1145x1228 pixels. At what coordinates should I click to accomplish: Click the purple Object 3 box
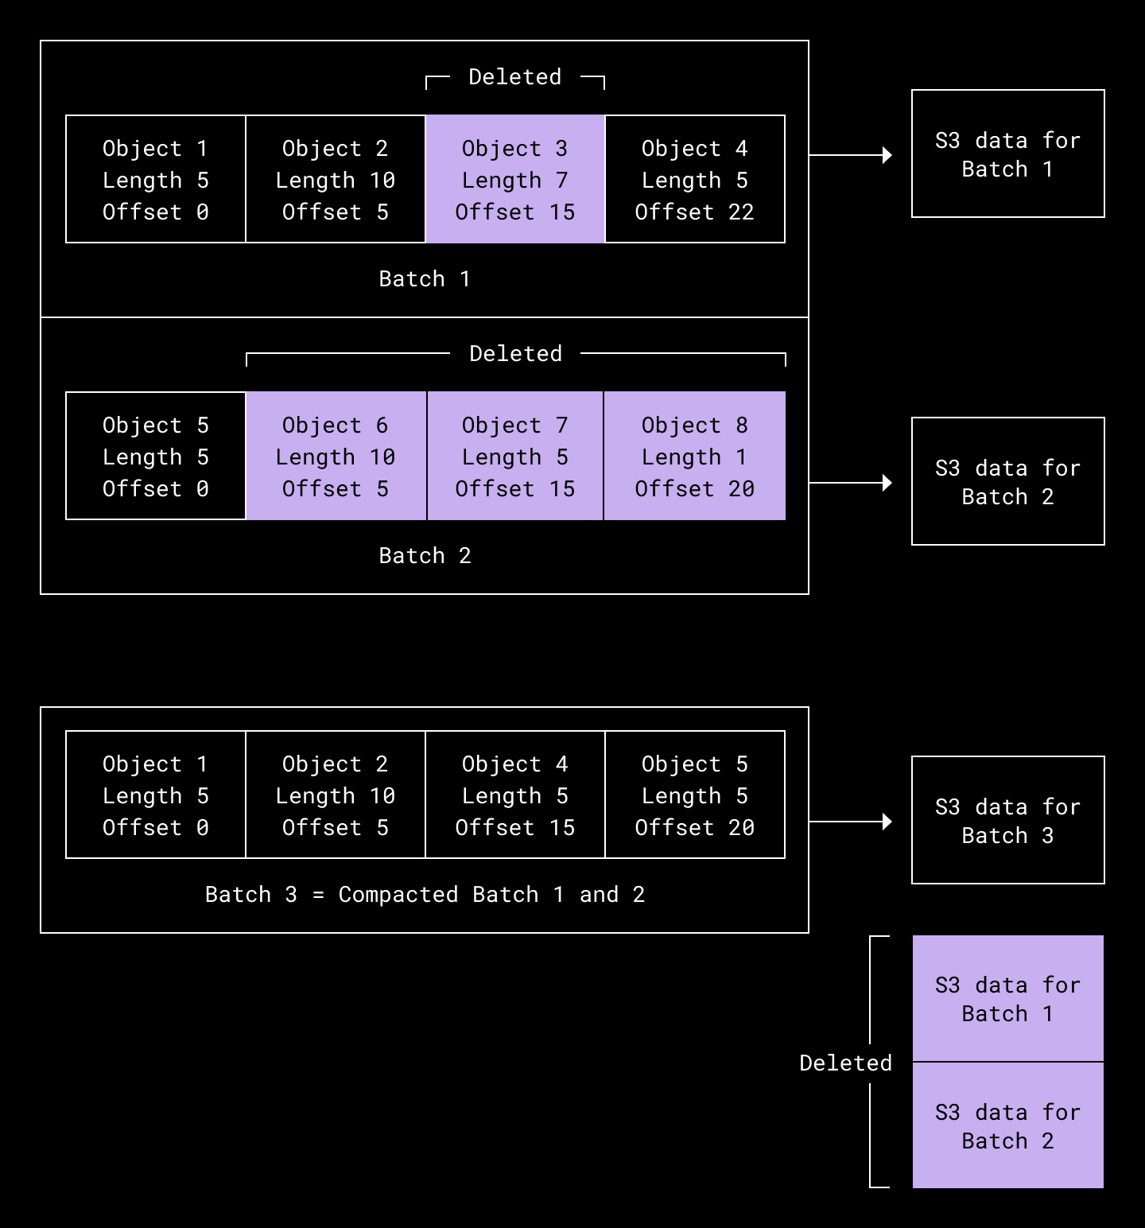pos(515,179)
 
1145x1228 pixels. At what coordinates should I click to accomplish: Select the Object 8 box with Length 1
pos(694,456)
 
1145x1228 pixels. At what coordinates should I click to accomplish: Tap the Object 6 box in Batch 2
pos(336,456)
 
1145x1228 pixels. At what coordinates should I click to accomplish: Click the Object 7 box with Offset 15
pos(515,456)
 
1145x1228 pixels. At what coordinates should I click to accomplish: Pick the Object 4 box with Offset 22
pos(694,179)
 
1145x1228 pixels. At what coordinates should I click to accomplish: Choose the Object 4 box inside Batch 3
pos(515,795)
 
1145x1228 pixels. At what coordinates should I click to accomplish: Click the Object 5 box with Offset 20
pos(694,795)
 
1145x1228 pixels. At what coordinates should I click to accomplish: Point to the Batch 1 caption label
pos(424,279)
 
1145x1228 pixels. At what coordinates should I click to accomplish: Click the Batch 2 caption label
pos(424,556)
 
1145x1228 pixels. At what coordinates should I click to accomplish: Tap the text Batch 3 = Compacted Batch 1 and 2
pos(424,895)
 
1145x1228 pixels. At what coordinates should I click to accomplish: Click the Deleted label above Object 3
pos(514,77)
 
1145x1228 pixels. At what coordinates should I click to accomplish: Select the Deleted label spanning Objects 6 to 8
pos(515,354)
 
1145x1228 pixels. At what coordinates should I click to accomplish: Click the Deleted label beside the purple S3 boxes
pos(845,1063)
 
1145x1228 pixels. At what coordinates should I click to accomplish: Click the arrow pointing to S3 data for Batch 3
pos(850,822)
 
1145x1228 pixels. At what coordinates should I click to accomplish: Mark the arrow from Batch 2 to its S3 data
pos(850,483)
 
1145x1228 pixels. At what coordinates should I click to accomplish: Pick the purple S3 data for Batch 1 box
pos(1007,999)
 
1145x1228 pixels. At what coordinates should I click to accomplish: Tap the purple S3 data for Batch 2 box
pos(1007,1125)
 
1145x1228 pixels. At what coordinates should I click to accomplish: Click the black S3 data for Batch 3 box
pos(1007,820)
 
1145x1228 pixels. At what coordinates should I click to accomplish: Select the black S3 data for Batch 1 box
pos(1007,153)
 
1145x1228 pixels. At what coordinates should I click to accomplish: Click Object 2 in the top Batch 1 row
pos(336,179)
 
